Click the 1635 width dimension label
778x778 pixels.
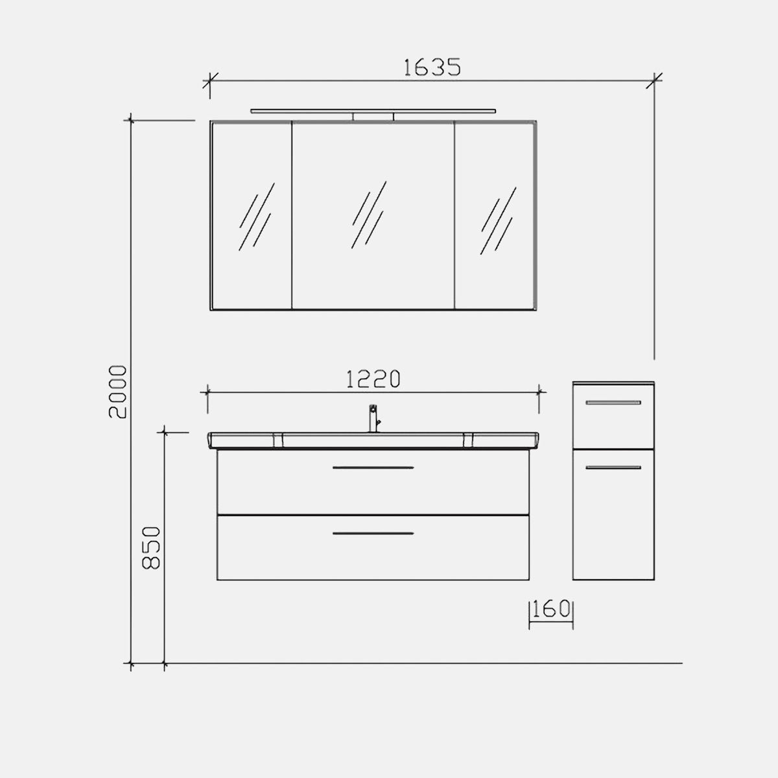[432, 67]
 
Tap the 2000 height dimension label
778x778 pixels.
[118, 392]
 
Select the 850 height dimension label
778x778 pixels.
[152, 548]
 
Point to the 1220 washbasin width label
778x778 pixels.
[373, 379]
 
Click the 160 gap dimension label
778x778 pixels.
[551, 609]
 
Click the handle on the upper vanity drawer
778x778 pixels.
[373, 467]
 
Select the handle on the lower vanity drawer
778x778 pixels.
[373, 534]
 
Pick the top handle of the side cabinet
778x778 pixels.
[613, 403]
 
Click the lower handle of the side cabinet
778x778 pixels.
[613, 467]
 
